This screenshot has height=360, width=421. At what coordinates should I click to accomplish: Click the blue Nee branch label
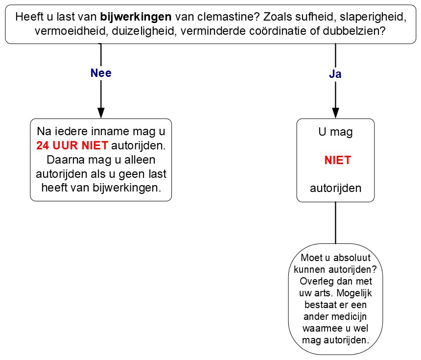point(101,73)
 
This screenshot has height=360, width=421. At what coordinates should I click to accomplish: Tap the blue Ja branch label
point(335,74)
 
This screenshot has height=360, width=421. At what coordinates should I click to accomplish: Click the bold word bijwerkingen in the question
point(136,17)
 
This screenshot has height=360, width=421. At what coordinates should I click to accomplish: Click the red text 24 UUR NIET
point(72,146)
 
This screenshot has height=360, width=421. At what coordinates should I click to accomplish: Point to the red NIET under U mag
point(337,161)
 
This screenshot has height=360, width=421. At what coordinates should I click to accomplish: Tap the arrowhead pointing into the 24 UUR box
point(101,113)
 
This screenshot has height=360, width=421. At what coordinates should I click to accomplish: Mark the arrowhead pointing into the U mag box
point(335,113)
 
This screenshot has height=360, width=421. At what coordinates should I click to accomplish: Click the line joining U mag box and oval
point(335,223)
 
